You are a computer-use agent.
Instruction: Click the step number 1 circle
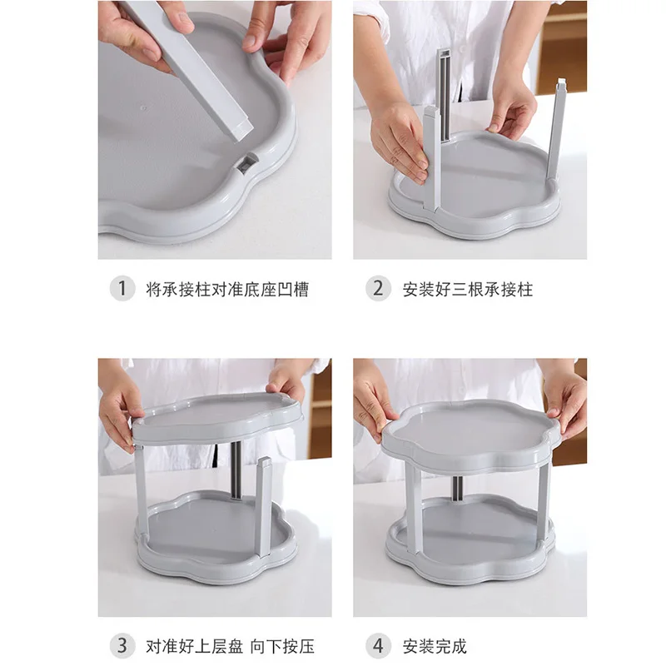tap(122, 289)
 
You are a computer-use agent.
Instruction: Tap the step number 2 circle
tap(378, 289)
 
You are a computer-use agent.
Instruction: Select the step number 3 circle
tap(122, 646)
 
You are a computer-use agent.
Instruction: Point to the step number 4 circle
tap(378, 646)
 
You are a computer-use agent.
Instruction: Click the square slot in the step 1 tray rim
tap(246, 164)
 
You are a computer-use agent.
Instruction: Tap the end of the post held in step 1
tap(242, 129)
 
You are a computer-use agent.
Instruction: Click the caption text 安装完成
tap(435, 646)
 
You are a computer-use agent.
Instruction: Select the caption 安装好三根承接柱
tap(468, 289)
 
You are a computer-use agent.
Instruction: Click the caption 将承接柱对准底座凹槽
tap(227, 289)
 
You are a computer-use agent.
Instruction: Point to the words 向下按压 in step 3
tap(282, 646)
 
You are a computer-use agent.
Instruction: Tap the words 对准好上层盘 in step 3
tap(195, 646)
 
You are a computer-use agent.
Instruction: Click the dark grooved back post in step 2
tap(445, 96)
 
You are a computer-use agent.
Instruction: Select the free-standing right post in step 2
tap(556, 130)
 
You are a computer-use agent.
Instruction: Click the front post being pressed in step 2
tap(432, 157)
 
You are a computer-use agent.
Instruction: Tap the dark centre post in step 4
tap(457, 489)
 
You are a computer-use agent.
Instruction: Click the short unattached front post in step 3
tap(264, 508)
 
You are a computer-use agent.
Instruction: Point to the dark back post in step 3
tap(236, 470)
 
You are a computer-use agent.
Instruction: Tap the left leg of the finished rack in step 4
tap(413, 508)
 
